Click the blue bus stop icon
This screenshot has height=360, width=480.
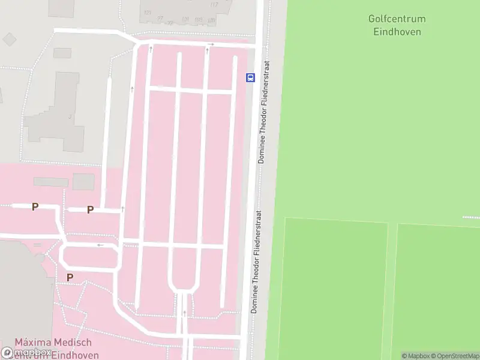click(250, 77)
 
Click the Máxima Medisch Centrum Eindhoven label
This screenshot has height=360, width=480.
click(53, 348)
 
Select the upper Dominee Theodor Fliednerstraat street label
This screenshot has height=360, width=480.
click(263, 112)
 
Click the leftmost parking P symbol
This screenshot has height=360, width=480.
click(35, 207)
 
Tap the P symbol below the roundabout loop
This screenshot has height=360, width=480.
click(70, 278)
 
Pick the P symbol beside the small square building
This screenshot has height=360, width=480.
click(90, 209)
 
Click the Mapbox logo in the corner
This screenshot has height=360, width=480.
click(27, 353)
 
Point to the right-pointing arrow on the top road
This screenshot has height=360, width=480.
click(211, 44)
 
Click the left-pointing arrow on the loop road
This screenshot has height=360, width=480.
click(100, 245)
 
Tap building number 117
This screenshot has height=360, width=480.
click(214, 5)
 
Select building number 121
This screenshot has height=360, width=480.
click(148, 12)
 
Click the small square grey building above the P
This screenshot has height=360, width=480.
click(83, 182)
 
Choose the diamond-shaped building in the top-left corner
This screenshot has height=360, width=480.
click(9, 39)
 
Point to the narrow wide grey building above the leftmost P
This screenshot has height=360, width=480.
click(50, 181)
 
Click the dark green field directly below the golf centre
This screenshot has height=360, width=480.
click(333, 288)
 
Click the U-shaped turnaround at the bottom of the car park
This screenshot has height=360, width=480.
click(184, 287)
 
